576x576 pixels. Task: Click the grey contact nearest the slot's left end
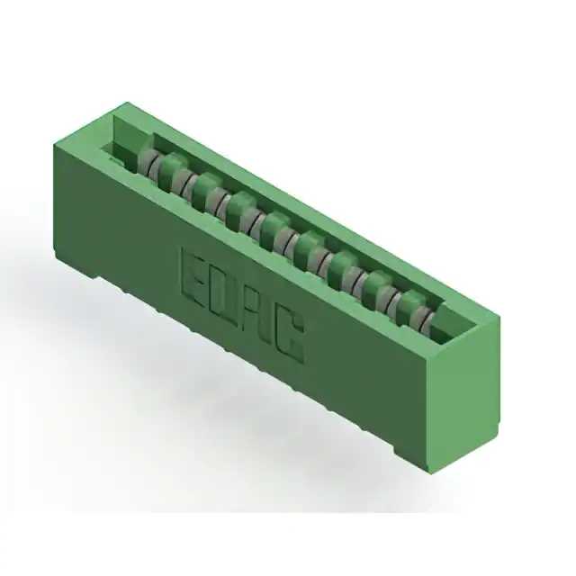[x=148, y=163]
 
